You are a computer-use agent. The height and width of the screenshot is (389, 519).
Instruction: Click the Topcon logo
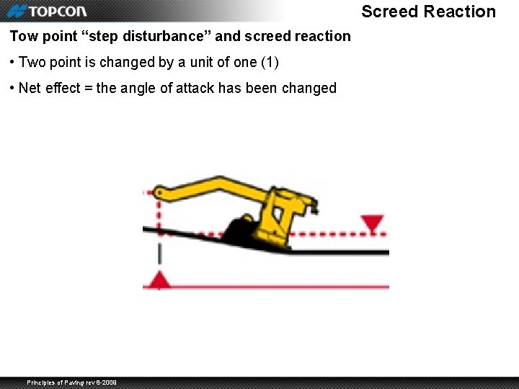pos(47,11)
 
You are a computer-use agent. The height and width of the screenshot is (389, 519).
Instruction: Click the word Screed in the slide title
pos(389,12)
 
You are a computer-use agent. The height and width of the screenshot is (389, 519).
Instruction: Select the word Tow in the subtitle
pos(24,36)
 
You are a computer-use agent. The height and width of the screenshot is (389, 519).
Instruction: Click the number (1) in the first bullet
pos(269,63)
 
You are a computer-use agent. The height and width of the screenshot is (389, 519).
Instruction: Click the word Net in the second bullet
pos(30,89)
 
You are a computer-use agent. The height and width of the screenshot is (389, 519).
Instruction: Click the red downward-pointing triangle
pos(372,223)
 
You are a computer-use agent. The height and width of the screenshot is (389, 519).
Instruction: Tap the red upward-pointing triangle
pos(159,280)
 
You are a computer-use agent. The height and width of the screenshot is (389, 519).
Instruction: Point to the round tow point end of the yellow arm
pos(159,193)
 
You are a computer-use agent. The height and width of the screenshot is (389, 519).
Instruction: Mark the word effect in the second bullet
pos(61,89)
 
